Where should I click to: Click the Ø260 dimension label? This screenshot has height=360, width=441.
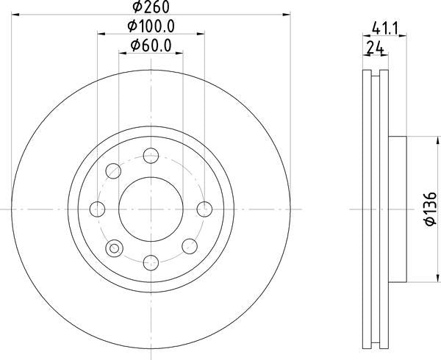pyautogui.click(x=151, y=7)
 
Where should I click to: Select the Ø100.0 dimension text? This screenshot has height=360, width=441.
pyautogui.click(x=151, y=26)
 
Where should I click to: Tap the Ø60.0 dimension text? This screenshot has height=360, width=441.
pyautogui.click(x=151, y=46)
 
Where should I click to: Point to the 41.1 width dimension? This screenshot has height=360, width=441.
pyautogui.click(x=385, y=29)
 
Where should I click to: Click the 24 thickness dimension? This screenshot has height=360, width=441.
pyautogui.click(x=376, y=48)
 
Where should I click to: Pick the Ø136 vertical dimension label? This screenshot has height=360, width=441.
pyautogui.click(x=431, y=209)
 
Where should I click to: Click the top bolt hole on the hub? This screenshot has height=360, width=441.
pyautogui.click(x=151, y=156)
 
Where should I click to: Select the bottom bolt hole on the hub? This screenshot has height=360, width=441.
pyautogui.click(x=151, y=263)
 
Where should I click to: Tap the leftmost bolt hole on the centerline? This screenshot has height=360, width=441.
pyautogui.click(x=97, y=209)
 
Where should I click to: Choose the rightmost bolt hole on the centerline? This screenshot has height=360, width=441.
pyautogui.click(x=204, y=209)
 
